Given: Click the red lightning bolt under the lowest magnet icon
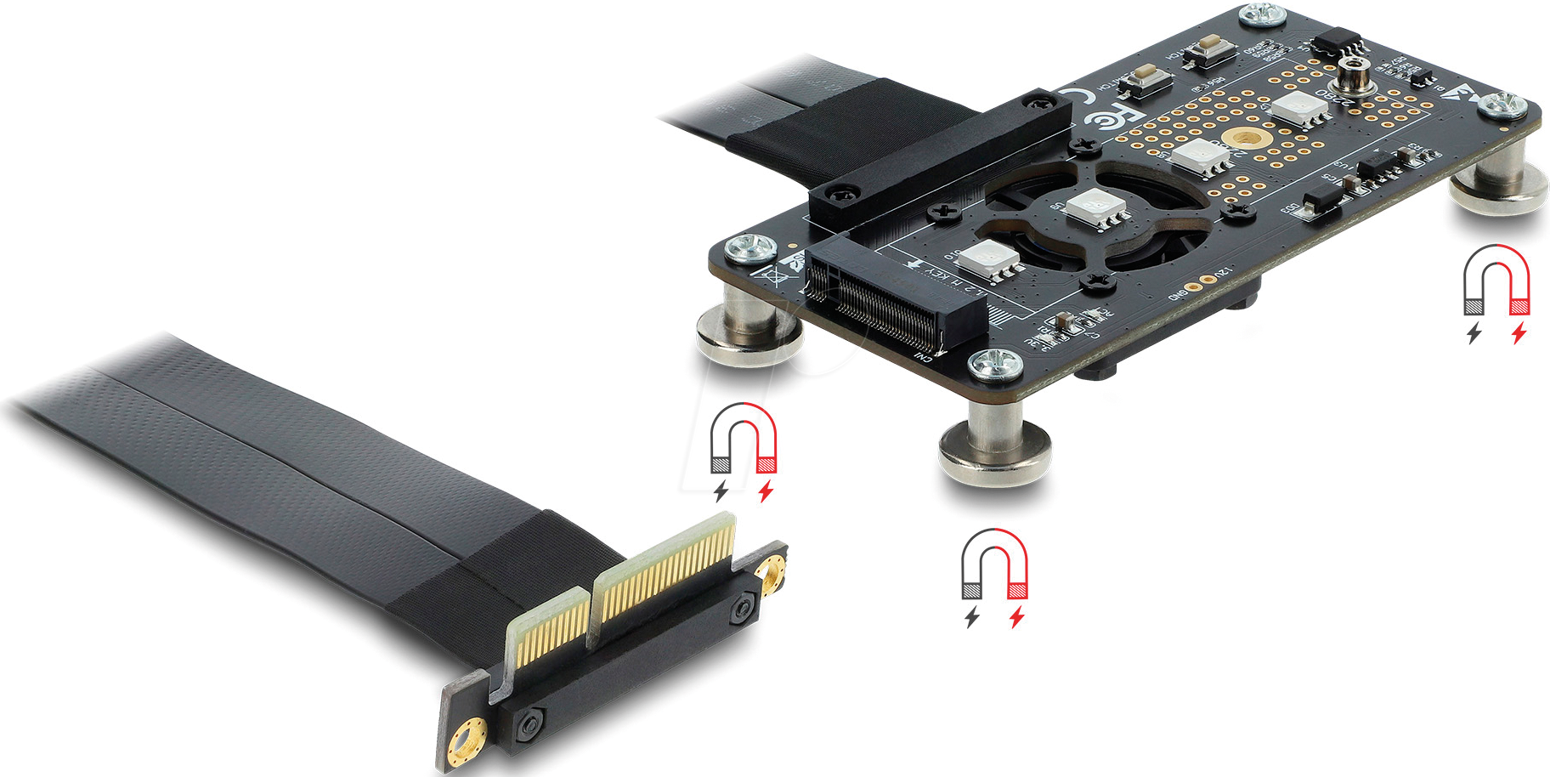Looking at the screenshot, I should pos(1016,617).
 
